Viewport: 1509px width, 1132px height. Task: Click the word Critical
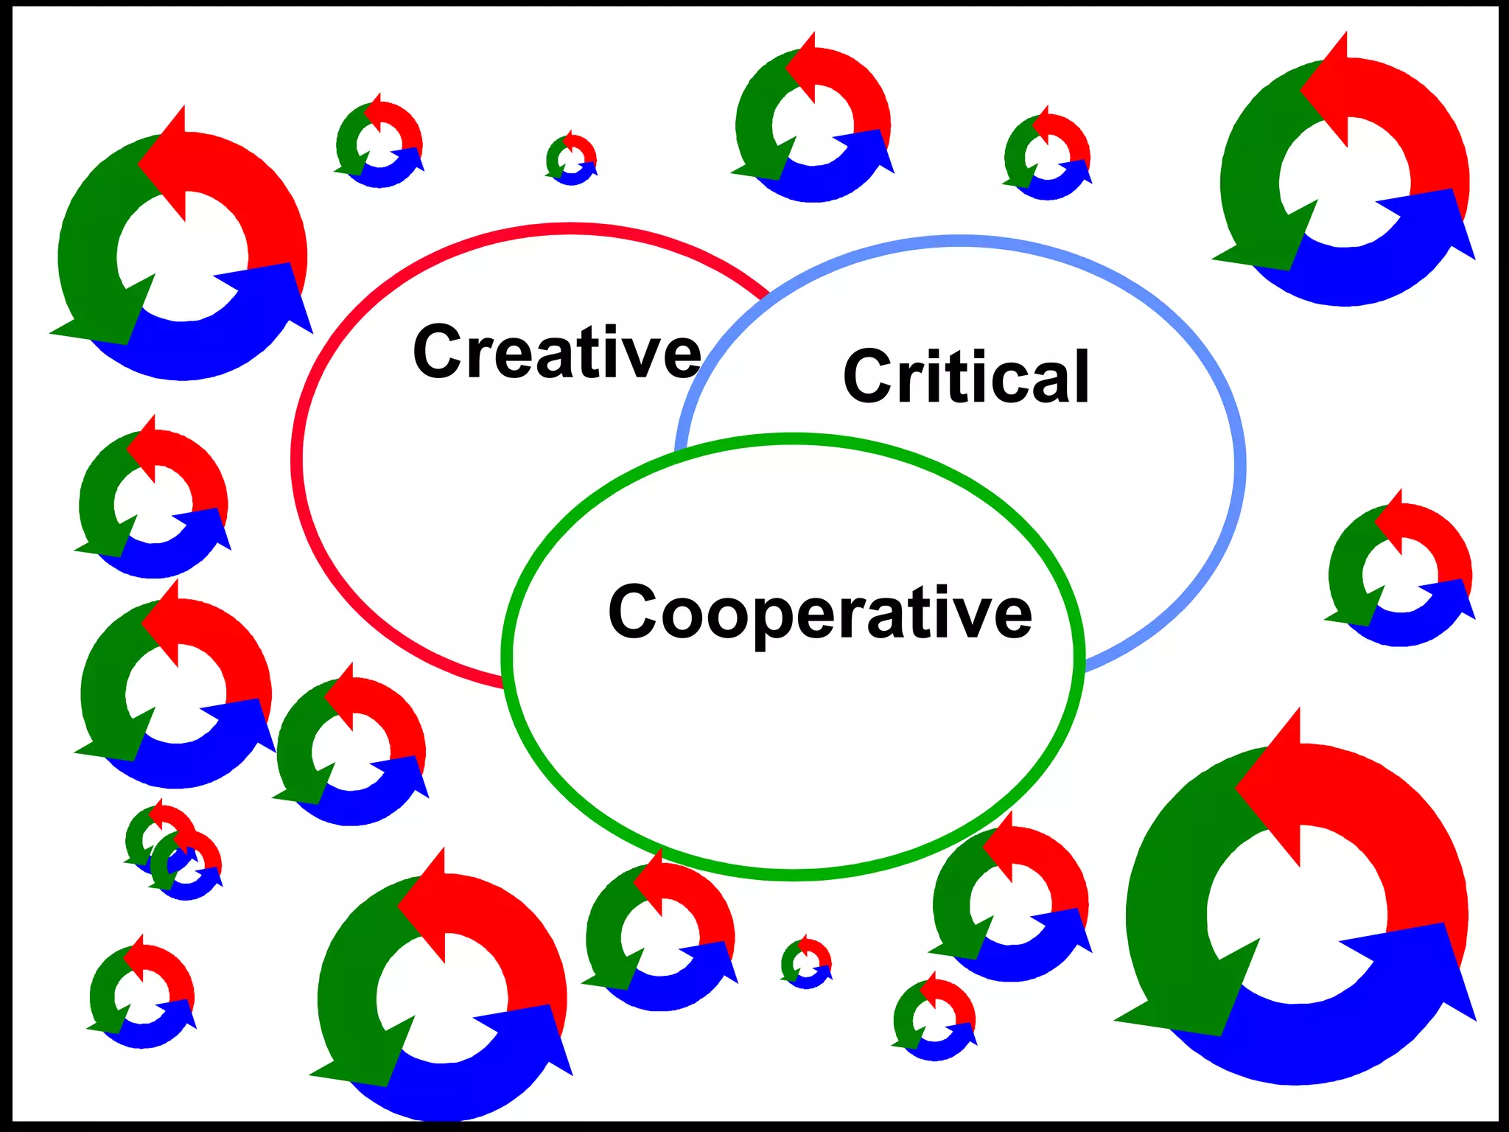tap(966, 377)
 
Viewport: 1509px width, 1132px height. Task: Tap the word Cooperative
tap(819, 612)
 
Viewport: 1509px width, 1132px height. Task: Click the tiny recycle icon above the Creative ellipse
tap(571, 159)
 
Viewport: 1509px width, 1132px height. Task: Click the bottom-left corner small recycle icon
tap(142, 995)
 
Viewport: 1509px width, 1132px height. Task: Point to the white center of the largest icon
tap(1297, 914)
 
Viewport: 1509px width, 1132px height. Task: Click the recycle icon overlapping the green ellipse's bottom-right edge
tap(1010, 903)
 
